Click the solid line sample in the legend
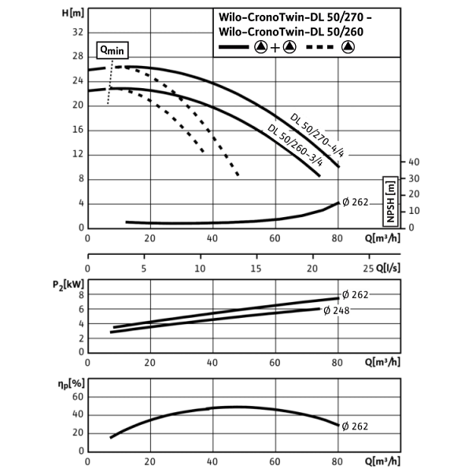point(234,47)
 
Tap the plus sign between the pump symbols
point(275,47)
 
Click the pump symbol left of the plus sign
point(260,47)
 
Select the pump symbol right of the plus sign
point(289,47)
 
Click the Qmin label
point(112,50)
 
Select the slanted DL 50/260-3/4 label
point(295,146)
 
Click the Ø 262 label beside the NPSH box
point(355,202)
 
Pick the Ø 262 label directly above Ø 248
point(355,295)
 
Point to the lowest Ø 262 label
point(355,426)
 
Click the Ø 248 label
point(336,311)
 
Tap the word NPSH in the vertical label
point(391,209)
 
